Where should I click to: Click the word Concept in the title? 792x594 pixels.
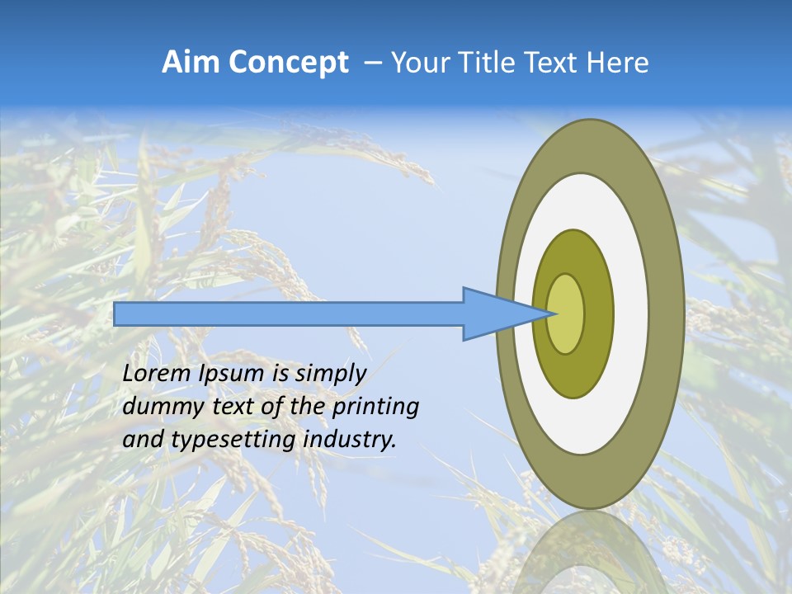(x=289, y=63)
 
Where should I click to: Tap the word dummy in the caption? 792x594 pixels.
(x=158, y=407)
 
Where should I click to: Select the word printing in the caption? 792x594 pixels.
(x=376, y=407)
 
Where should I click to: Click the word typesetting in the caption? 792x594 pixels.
(x=234, y=440)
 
